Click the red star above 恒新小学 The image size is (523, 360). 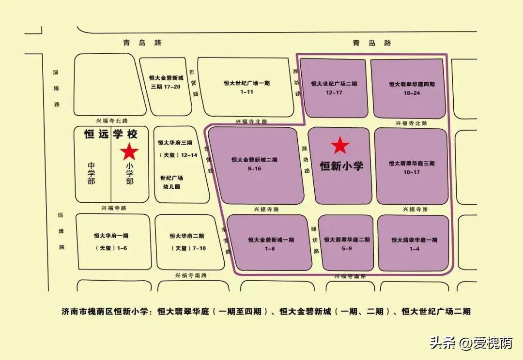click(x=340, y=145)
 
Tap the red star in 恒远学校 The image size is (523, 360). click(x=129, y=151)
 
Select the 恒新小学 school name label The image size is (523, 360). click(x=341, y=165)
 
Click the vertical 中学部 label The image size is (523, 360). click(x=91, y=173)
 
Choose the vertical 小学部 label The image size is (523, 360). click(x=129, y=173)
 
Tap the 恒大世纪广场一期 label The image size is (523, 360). click(x=246, y=83)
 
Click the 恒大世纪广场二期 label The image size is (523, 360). click(x=334, y=83)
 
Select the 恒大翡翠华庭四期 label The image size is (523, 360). click(x=412, y=84)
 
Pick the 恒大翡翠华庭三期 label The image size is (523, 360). click(x=412, y=164)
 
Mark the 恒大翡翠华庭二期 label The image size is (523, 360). click(x=347, y=240)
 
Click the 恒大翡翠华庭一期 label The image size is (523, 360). click(x=415, y=240)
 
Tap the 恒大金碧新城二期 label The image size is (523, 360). click(x=254, y=160)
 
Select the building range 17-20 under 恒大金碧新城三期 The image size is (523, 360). click(x=166, y=87)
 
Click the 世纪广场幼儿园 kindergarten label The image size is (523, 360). click(x=172, y=182)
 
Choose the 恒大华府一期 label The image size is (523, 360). click(x=111, y=236)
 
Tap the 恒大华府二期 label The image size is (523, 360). click(x=187, y=236)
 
